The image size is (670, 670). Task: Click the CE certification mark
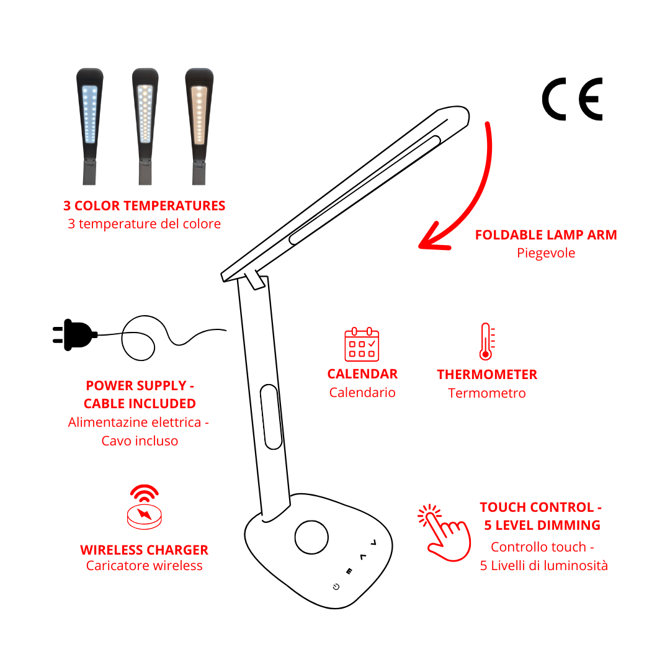point(572,99)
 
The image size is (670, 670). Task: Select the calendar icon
point(362,344)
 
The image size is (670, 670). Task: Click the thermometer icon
point(486,341)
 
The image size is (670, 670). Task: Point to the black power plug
point(74,335)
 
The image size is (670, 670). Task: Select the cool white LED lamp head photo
point(89,112)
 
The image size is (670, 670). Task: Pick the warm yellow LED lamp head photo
point(199,112)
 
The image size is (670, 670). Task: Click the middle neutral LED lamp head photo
point(145,112)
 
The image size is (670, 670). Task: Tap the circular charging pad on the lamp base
point(311,537)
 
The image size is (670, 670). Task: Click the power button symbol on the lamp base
point(336,587)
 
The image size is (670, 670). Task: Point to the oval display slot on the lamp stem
point(271,416)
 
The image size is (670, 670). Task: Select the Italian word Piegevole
point(546,253)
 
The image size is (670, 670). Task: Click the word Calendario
point(362,393)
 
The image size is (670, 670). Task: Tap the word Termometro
point(487,393)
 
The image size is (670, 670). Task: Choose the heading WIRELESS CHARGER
point(144,550)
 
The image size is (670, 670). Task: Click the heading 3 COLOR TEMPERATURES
point(144,206)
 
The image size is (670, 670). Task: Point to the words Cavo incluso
point(140,441)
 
